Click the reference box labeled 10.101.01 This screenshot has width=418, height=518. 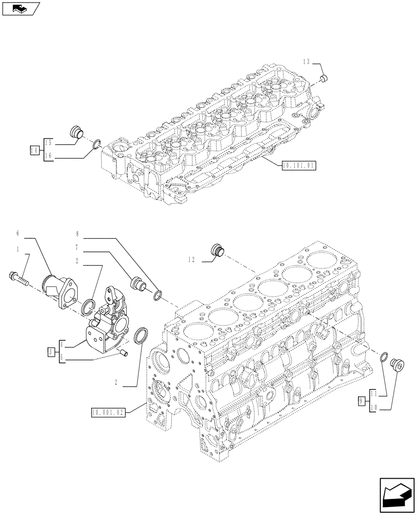298,166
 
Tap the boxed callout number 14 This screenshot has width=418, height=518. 35,150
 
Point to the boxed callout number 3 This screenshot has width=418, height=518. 51,352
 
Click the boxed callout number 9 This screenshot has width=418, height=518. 363,400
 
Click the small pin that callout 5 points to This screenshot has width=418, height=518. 123,353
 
